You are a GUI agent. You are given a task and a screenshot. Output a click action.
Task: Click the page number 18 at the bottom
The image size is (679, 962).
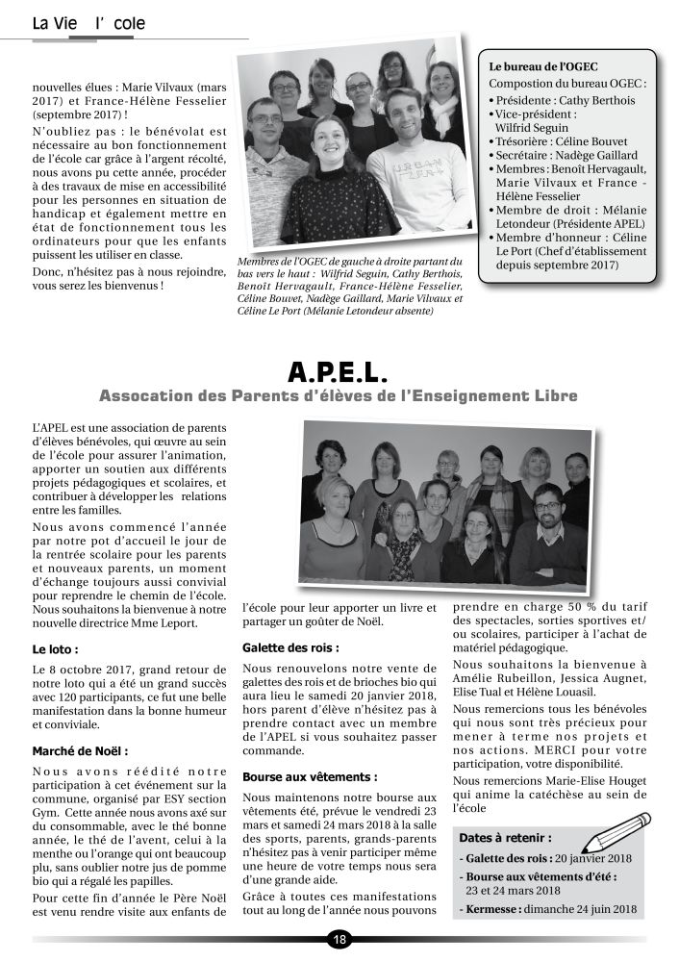(339, 940)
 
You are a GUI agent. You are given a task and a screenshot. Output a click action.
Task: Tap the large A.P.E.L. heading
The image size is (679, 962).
(339, 371)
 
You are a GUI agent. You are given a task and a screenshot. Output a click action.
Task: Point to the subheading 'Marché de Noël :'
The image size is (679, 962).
(81, 750)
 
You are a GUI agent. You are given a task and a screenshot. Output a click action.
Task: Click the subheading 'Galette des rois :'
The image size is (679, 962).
(285, 648)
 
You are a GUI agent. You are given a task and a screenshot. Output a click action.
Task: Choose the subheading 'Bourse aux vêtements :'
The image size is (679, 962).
(296, 775)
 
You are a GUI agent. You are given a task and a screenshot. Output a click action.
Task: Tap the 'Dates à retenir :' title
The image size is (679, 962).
(505, 838)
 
